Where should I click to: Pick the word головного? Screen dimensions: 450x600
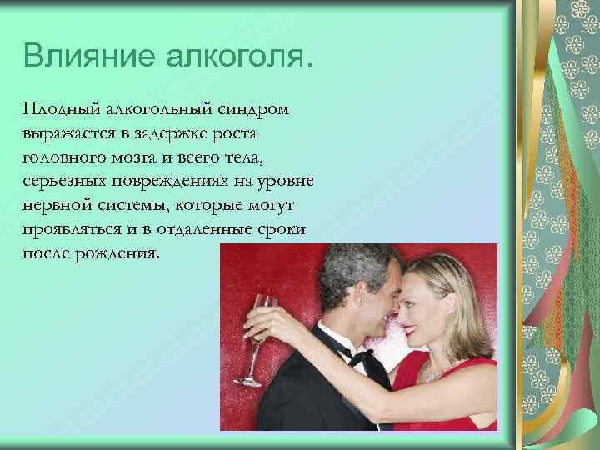(x=62, y=158)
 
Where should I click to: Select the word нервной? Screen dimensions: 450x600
(x=54, y=206)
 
